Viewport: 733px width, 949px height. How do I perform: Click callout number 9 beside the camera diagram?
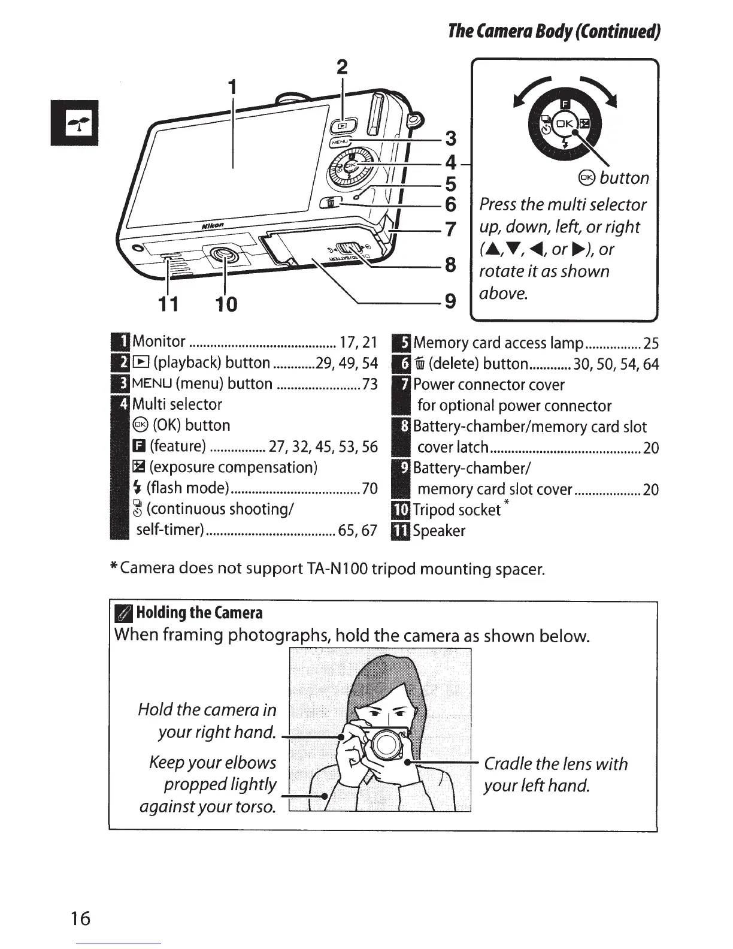point(450,300)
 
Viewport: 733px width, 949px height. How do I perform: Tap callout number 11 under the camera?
point(168,304)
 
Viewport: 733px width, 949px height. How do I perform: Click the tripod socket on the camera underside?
point(223,256)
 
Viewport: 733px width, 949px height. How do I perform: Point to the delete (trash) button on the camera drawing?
point(330,203)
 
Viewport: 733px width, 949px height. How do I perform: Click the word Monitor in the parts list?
point(159,342)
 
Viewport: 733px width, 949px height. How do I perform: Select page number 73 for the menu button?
point(369,384)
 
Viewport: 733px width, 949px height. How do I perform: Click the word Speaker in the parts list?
point(439,531)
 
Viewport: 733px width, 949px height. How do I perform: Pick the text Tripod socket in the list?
point(457,510)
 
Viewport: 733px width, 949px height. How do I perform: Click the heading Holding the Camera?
point(199,613)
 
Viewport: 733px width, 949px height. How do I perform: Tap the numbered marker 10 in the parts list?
point(401,510)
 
